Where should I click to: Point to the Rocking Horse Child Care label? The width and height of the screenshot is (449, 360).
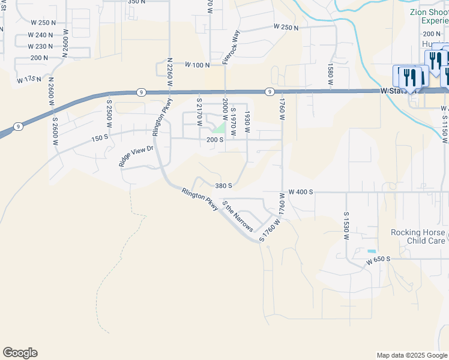point(418,236)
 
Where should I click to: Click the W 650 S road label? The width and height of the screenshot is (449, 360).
point(378,259)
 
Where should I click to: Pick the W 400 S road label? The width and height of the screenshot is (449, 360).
point(301,192)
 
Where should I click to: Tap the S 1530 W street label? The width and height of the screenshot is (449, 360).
point(346,226)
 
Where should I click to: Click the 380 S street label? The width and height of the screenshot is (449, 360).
point(223,186)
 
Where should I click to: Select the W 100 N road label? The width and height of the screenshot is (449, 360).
point(197,64)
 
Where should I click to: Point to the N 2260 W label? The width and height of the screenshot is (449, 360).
point(170,74)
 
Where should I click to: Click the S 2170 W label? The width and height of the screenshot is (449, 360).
point(199,110)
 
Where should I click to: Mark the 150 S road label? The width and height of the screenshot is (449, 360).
point(98,139)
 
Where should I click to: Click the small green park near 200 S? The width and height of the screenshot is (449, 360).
point(220,128)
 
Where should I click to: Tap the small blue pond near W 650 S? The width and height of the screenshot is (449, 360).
point(372,251)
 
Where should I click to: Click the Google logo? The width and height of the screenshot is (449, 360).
point(20,353)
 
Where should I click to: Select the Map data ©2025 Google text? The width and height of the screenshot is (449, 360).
point(411,355)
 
